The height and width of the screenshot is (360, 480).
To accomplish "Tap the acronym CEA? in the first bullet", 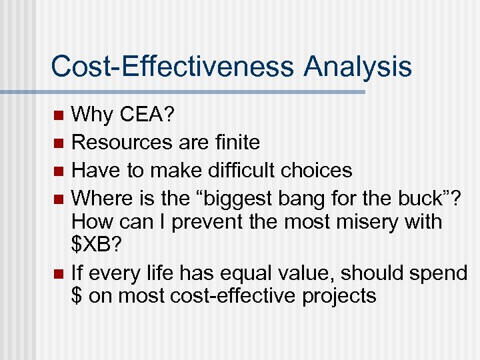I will pyautogui.click(x=147, y=115).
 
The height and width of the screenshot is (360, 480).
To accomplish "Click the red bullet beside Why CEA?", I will pyautogui.click(x=59, y=115).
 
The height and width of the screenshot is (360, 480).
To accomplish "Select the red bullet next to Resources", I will pyautogui.click(x=59, y=143).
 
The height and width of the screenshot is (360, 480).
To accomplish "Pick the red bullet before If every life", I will pyautogui.click(x=59, y=273).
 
